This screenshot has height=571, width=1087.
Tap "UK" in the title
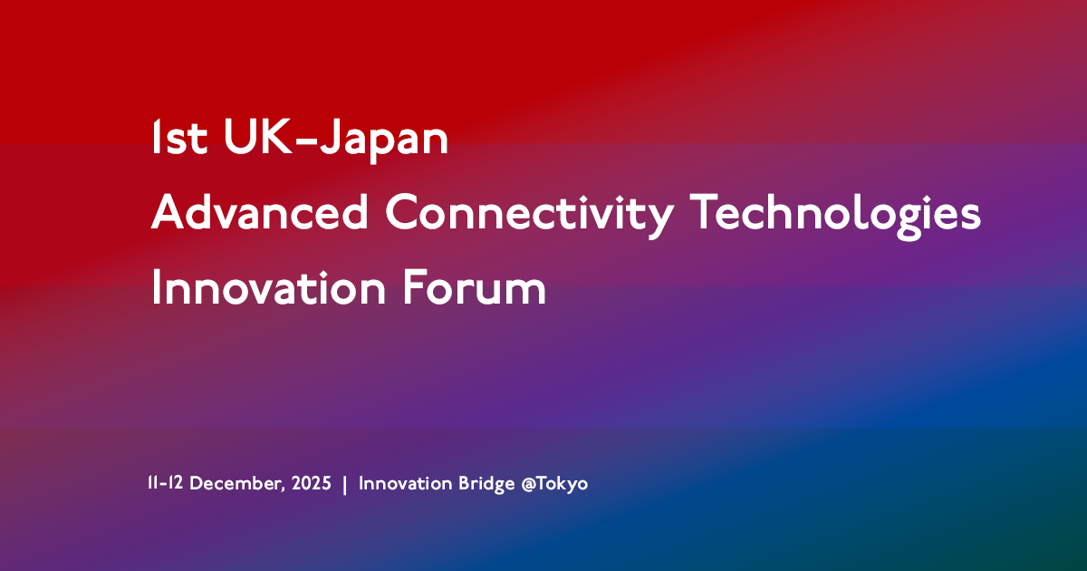[243, 138]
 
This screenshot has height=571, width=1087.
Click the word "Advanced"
[260, 213]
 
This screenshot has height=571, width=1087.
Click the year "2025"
[312, 484]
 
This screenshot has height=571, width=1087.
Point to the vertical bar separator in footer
[345, 484]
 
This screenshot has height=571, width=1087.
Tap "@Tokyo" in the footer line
[554, 484]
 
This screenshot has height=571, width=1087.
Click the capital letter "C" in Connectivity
[404, 214]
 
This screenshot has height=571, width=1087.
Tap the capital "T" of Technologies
[707, 213]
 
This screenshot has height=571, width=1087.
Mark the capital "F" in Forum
[411, 288]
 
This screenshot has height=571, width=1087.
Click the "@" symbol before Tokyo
[529, 484]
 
